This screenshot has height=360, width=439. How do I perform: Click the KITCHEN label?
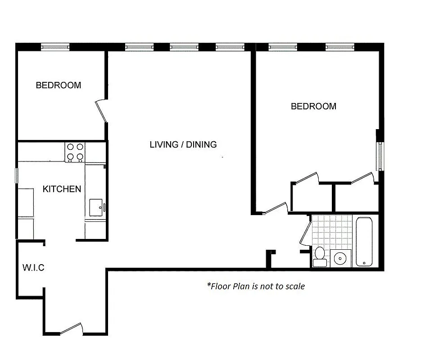[x=62, y=189]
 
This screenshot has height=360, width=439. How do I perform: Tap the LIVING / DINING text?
[x=183, y=144]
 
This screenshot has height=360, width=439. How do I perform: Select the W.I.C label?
[x=33, y=268]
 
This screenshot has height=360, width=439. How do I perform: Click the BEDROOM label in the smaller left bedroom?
[x=59, y=85]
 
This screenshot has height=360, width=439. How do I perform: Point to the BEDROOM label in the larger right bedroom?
[x=313, y=106]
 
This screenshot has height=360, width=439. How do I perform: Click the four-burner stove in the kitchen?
[x=75, y=152]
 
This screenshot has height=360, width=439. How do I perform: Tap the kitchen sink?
[x=96, y=207]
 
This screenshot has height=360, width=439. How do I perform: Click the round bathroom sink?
[x=341, y=258]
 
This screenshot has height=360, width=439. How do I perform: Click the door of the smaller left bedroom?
[x=101, y=110]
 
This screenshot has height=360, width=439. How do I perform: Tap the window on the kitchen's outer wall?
[x=17, y=175]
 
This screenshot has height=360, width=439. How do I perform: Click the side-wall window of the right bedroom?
[x=380, y=156]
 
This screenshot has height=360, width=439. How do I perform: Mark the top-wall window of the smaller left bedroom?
[x=55, y=46]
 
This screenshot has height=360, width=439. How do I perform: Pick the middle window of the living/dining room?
[x=184, y=46]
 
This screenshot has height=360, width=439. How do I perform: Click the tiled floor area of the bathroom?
[x=331, y=231]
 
